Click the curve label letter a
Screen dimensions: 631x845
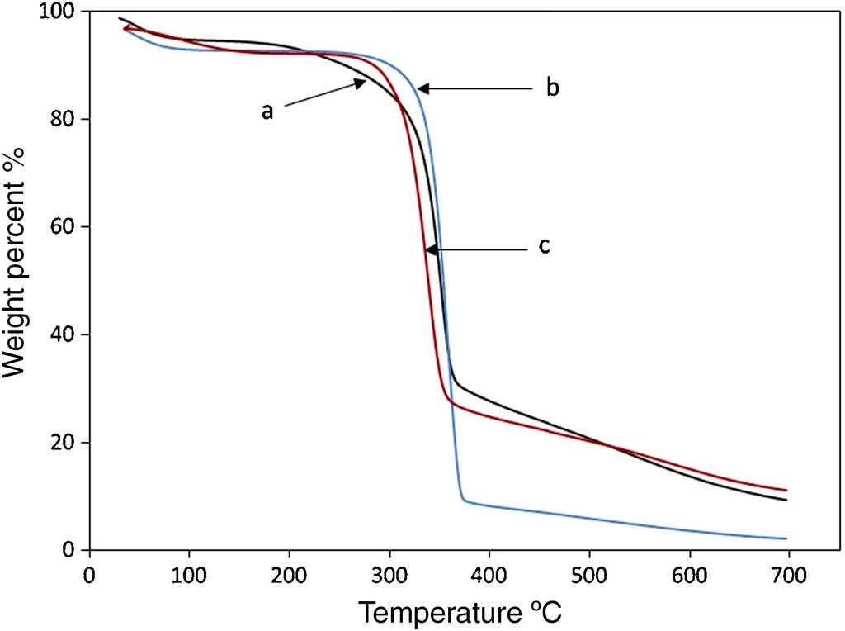[x=267, y=111]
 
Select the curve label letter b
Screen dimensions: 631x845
[x=553, y=88]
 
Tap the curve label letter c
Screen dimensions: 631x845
[x=545, y=246]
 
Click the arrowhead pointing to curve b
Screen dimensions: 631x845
[x=422, y=88]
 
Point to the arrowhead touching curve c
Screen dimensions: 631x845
[x=429, y=249]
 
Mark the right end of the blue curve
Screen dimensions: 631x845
[x=787, y=538]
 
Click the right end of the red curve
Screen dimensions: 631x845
[x=787, y=491]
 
